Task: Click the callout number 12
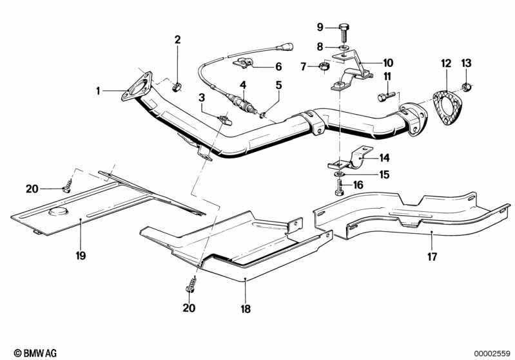click(446, 63)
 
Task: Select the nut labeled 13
click(466, 88)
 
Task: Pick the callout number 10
click(388, 62)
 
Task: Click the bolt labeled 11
click(387, 97)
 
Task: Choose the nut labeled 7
click(325, 66)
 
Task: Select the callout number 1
click(98, 91)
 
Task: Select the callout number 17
click(432, 256)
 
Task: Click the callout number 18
click(246, 309)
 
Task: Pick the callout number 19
click(81, 255)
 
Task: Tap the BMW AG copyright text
click(35, 353)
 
